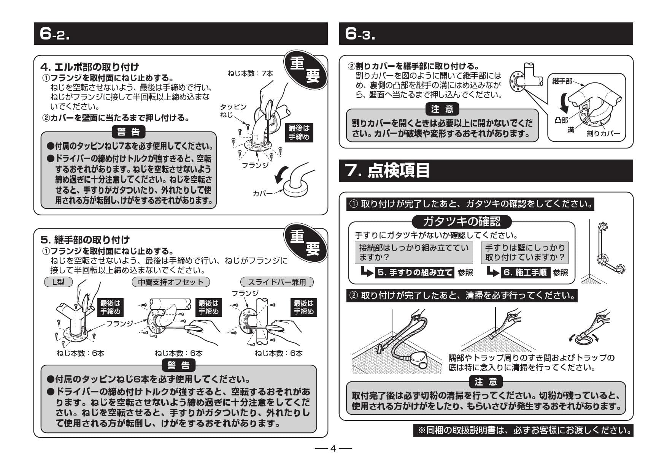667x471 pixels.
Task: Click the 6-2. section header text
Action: (x=55, y=34)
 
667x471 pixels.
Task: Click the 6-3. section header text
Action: (x=360, y=34)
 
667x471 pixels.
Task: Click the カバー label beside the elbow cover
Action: (x=262, y=193)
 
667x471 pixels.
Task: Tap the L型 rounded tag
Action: (x=58, y=282)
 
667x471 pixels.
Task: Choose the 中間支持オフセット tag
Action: (x=170, y=282)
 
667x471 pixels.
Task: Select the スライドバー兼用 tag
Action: (x=277, y=282)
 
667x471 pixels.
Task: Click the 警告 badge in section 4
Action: (x=129, y=132)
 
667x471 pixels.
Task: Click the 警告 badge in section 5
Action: (x=178, y=365)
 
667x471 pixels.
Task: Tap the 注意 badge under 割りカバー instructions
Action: (x=442, y=109)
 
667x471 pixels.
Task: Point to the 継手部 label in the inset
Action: (x=562, y=81)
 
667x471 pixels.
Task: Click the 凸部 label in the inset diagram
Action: (x=561, y=120)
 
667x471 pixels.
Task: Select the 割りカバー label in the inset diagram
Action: (x=603, y=133)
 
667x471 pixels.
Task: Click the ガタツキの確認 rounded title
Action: (x=462, y=221)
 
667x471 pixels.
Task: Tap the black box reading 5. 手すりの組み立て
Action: (x=415, y=272)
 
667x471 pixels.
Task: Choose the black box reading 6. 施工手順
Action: (x=525, y=272)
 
